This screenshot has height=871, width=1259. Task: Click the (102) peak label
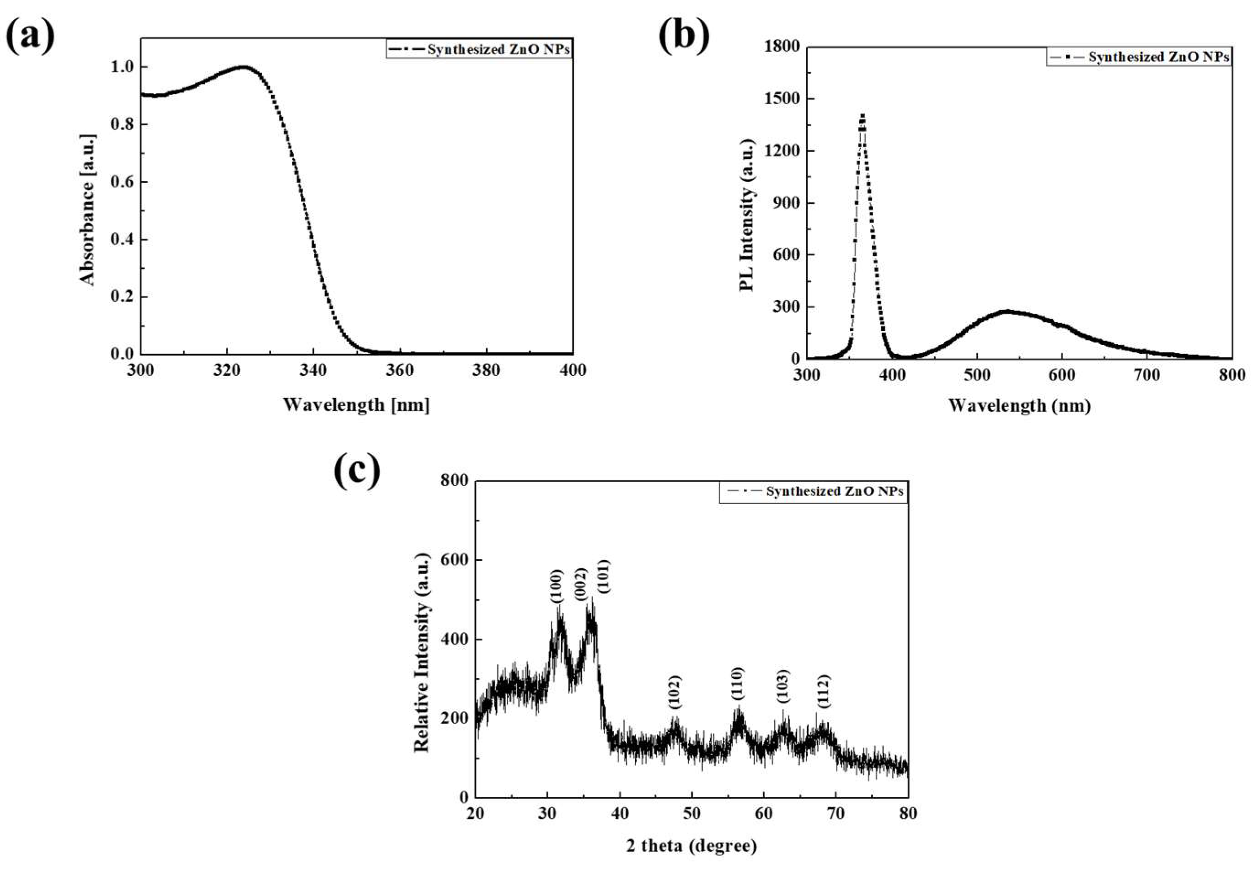tap(675, 693)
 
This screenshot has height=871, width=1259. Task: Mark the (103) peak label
tap(783, 686)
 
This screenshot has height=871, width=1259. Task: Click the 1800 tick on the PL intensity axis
tap(780, 47)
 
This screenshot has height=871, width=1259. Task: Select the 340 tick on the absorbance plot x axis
tap(313, 371)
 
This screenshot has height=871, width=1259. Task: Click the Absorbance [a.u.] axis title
tap(87, 210)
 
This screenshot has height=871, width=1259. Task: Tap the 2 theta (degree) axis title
tap(691, 846)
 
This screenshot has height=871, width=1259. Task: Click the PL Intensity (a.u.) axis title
tap(747, 215)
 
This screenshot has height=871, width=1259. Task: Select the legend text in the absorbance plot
tap(498, 50)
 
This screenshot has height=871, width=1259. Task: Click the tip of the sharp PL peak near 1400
tap(863, 115)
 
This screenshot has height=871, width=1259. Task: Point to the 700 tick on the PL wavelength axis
tap(1146, 375)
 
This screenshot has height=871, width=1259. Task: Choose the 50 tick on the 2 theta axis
tap(691, 814)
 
